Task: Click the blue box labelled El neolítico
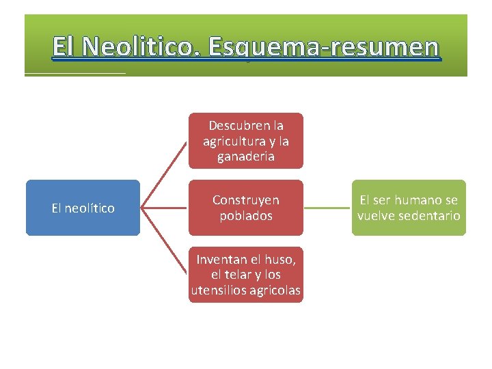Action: [x=83, y=208]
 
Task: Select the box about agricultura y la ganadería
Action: [x=245, y=141]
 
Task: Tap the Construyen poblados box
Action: [x=245, y=208]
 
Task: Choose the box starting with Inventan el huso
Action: [x=245, y=275]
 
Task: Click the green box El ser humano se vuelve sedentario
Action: [x=409, y=208]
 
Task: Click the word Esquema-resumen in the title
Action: [x=324, y=47]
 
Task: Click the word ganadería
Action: [x=246, y=156]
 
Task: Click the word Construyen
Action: [x=245, y=200]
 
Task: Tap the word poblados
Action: [x=245, y=216]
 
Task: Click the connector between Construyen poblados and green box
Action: [x=327, y=208]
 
